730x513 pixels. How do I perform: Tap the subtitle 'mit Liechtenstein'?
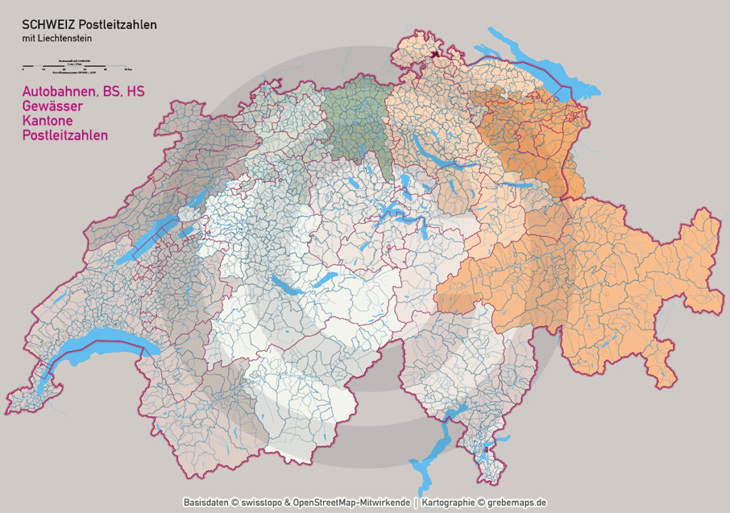pyautogui.click(x=57, y=39)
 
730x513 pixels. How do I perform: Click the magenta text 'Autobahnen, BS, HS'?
pyautogui.click(x=78, y=92)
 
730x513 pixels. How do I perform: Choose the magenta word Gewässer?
pyautogui.click(x=52, y=106)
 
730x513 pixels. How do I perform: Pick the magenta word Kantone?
pyautogui.click(x=48, y=121)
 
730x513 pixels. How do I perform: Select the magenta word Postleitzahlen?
pyautogui.click(x=65, y=135)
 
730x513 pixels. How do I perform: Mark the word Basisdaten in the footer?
pyautogui.click(x=206, y=502)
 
